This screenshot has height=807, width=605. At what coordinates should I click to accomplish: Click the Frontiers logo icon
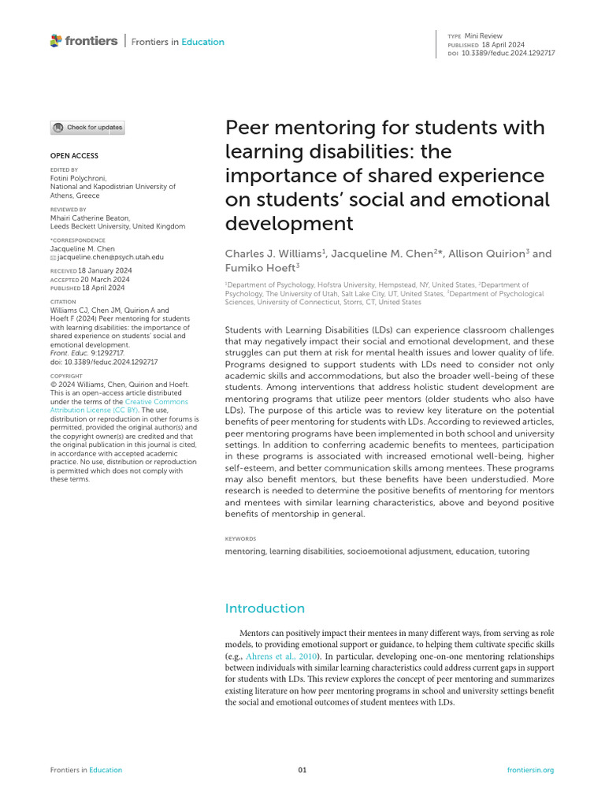55,41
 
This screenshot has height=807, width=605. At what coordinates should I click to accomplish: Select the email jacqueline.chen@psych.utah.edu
111,257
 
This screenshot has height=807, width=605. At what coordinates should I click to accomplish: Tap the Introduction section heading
265,608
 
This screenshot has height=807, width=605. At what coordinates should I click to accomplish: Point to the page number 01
302,770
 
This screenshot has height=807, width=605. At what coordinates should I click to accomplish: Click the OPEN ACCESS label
74,156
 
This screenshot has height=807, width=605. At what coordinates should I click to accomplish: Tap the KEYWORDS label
240,539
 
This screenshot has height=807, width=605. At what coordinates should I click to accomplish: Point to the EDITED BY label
64,169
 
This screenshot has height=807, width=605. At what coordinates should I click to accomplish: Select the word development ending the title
289,223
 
